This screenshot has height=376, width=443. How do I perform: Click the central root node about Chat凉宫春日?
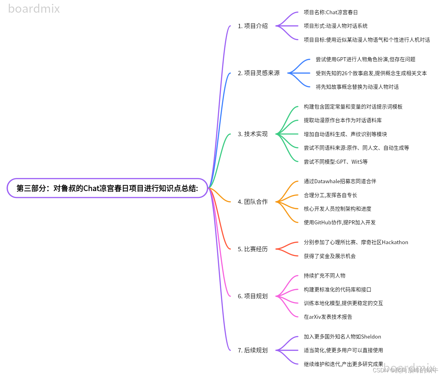tap(107, 188)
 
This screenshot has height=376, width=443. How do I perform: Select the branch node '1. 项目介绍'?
tap(252, 26)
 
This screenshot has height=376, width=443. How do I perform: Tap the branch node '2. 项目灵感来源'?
tap(259, 73)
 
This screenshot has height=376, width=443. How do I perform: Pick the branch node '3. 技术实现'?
tap(252, 134)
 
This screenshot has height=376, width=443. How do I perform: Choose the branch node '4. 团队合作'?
tap(252, 202)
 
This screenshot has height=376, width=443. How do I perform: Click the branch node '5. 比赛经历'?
tap(252, 249)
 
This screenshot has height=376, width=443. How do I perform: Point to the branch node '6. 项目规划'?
tap(252, 296)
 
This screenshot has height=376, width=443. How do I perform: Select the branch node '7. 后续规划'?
tap(252, 350)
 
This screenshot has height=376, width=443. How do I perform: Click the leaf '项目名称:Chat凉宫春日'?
tap(331, 12)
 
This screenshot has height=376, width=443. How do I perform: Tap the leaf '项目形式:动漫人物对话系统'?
tap(336, 26)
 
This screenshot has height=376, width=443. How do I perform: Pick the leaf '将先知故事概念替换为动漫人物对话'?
tap(357, 87)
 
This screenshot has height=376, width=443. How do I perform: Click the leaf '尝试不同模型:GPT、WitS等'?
tap(336, 162)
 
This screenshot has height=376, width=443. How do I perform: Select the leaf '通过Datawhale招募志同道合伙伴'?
tap(340, 181)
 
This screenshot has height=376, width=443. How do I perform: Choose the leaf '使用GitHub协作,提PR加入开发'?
tap(340, 223)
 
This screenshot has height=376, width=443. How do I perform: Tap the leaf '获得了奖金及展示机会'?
tap(330, 256)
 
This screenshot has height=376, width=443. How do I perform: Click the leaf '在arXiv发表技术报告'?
tap(328, 317)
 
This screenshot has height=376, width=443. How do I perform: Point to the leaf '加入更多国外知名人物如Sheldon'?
tap(342, 337)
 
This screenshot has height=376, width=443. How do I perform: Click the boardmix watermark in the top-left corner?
tap(34, 9)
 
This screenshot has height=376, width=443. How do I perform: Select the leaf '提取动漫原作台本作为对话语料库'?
tap(343, 120)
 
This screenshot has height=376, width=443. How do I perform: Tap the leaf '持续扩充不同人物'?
tap(325, 276)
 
